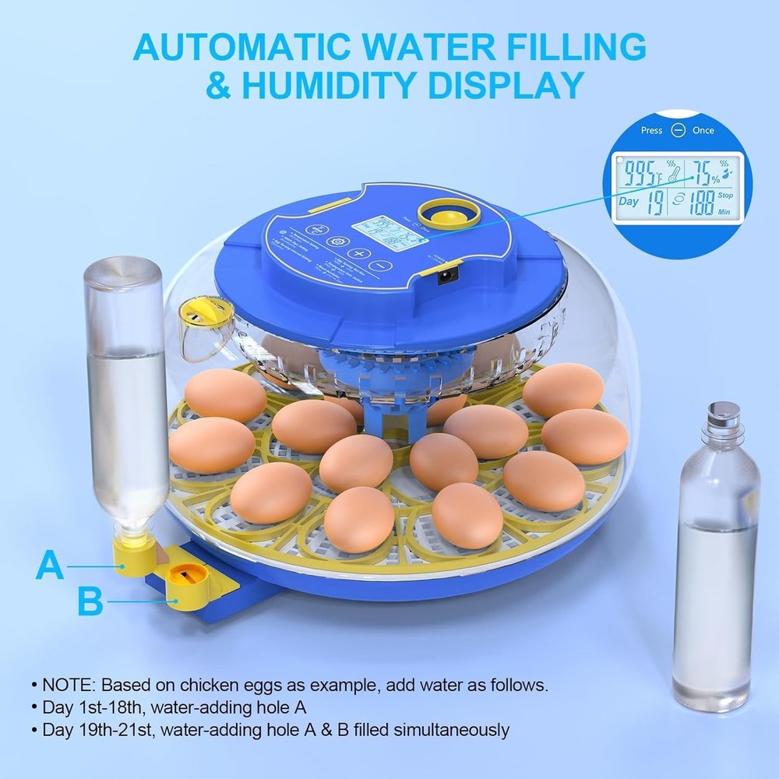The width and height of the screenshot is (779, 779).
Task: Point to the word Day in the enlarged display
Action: (629, 201)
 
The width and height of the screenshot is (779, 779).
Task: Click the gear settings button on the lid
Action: (337, 242)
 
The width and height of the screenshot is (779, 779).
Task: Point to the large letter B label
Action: (90, 601)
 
